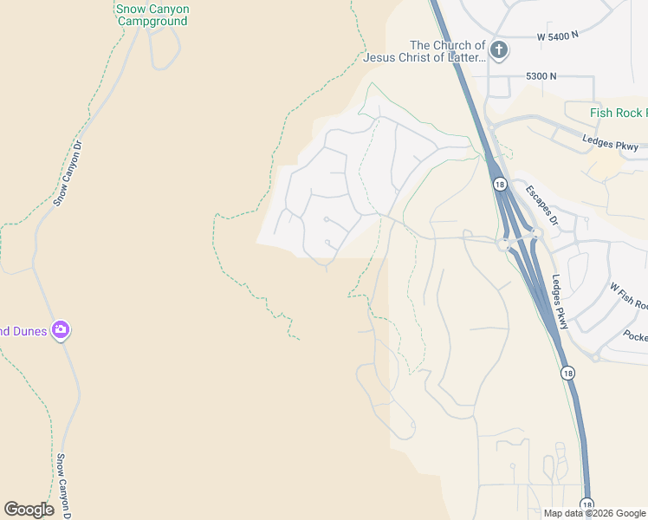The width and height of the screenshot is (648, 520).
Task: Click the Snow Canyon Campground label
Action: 152,16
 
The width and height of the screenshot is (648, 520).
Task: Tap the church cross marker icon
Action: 498,50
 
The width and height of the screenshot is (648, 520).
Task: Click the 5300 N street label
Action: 541,76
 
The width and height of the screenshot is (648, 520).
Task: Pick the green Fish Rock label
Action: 618,114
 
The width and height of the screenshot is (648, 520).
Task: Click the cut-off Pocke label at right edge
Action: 635,335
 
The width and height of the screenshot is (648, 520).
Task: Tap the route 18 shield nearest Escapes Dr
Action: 500,184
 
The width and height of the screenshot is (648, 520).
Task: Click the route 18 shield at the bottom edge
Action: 586,504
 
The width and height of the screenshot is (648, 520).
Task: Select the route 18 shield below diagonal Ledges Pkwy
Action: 567,373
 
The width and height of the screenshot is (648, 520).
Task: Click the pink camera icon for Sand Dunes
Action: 60,330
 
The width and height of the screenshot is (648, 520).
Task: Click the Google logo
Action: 29,510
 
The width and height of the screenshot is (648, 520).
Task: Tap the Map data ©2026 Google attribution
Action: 594,513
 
